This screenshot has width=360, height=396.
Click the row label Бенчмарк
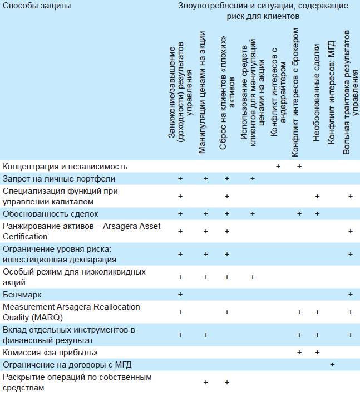click(x=22, y=294)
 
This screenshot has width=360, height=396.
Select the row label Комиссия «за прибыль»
click(x=51, y=353)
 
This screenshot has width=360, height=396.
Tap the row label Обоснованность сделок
click(x=50, y=213)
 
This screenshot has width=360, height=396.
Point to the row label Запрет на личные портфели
click(x=59, y=179)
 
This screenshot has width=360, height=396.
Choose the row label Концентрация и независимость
click(x=65, y=167)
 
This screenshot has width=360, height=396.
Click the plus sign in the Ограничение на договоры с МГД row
click(x=332, y=365)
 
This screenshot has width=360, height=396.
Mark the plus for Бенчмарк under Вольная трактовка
click(x=350, y=294)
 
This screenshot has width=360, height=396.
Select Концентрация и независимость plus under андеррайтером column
click(x=278, y=167)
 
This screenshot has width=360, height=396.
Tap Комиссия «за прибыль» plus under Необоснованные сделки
click(x=317, y=353)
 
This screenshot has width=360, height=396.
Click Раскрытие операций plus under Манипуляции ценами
click(x=206, y=383)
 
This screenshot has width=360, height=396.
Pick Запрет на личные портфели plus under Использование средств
click(x=253, y=179)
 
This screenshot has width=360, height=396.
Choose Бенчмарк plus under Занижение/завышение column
click(x=180, y=294)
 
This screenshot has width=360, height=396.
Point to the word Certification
click(x=26, y=236)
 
